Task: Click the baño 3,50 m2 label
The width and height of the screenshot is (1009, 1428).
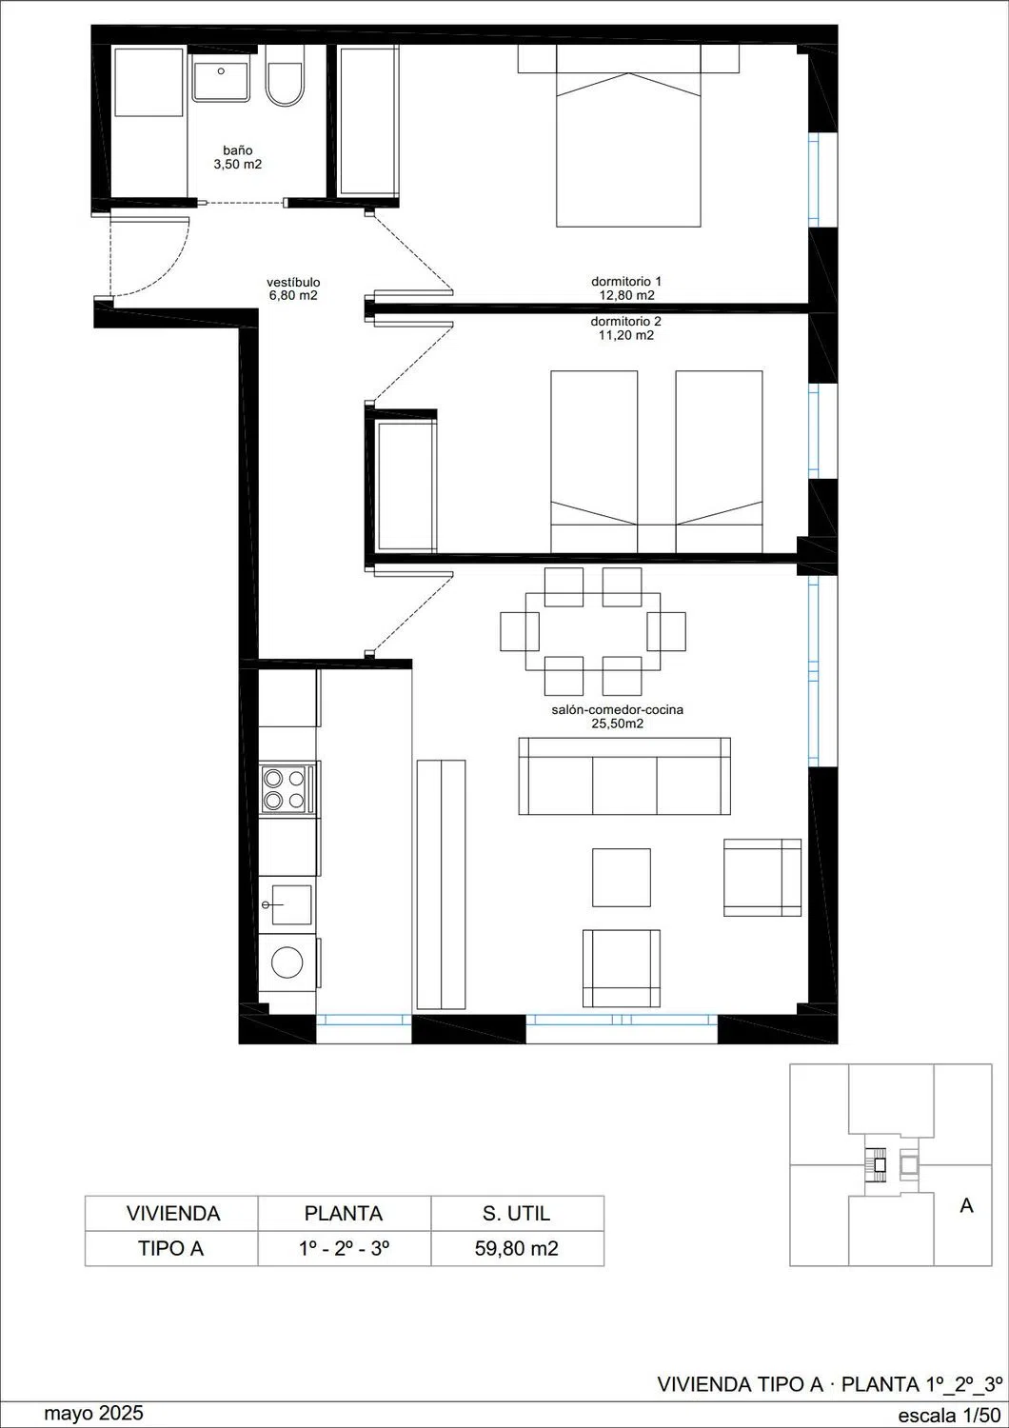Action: tap(237, 157)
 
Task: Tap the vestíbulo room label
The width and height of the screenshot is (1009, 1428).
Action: tap(293, 288)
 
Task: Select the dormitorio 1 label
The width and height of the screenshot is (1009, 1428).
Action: tap(626, 288)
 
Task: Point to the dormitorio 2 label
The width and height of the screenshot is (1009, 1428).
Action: tap(626, 328)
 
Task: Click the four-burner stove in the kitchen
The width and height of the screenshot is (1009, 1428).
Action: tap(288, 789)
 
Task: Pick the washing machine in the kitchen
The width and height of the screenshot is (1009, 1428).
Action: tap(287, 962)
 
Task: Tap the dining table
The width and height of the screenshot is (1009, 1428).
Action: tap(593, 631)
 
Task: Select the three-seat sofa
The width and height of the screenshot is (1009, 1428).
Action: tap(624, 776)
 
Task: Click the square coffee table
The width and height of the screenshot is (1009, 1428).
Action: tap(622, 877)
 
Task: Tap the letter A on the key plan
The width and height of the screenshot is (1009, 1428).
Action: tap(966, 1205)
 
